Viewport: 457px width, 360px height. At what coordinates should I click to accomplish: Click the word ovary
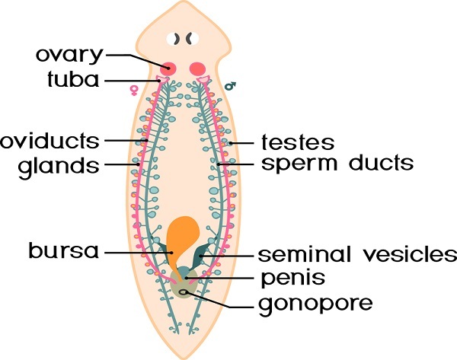[x=69, y=55]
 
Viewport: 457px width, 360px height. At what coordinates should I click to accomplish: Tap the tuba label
[x=78, y=79]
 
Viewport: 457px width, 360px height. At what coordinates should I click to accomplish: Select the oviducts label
[x=50, y=140]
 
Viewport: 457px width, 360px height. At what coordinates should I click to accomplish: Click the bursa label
[x=64, y=251]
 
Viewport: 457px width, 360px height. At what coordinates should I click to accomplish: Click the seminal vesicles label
[x=356, y=254]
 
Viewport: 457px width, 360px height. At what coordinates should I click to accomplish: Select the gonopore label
[x=315, y=304]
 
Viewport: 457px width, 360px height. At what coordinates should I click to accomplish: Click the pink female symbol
[x=134, y=91]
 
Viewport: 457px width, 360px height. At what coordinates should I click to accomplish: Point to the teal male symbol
[x=229, y=86]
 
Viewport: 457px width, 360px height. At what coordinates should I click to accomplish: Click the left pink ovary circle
[x=168, y=68]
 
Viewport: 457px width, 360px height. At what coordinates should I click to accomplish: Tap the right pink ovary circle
[x=198, y=68]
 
